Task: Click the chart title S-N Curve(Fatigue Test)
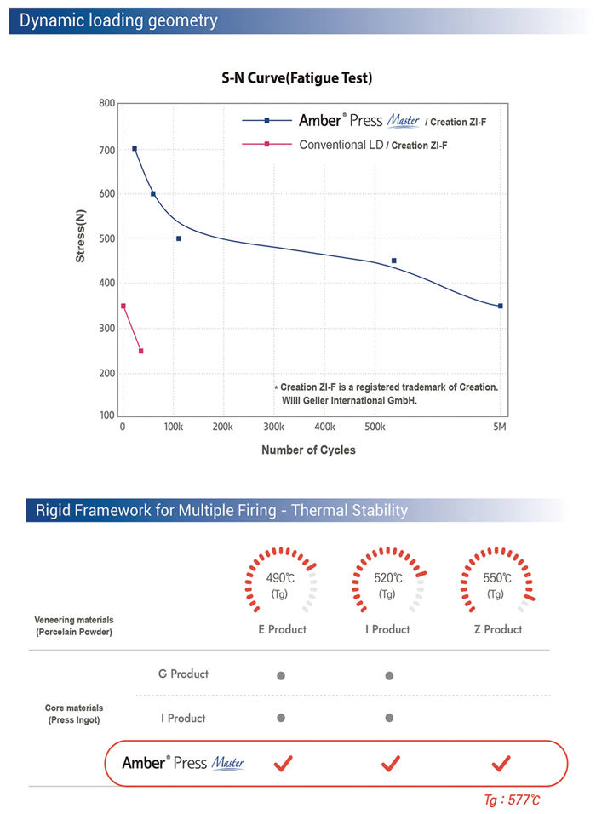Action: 297,78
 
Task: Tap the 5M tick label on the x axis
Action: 499,427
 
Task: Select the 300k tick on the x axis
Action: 274,427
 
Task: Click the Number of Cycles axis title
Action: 308,450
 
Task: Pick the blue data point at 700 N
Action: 135,148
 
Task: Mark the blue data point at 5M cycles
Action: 501,306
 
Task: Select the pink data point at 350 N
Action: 123,306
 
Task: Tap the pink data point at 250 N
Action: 141,351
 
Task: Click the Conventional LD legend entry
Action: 341,145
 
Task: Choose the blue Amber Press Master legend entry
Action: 358,121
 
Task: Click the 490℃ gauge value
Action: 281,578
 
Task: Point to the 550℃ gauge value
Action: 497,578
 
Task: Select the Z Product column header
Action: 497,629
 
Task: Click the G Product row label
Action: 184,674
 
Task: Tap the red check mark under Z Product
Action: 501,762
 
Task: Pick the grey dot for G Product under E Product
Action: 281,676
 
